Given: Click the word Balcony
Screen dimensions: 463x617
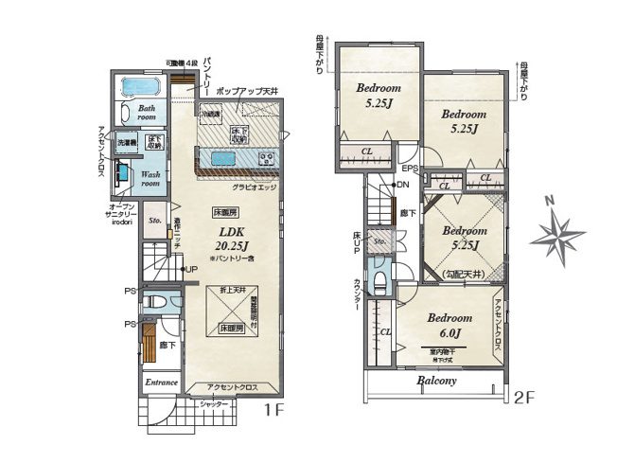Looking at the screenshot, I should click(436, 381).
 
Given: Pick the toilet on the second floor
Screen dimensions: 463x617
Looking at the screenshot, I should click(379, 281).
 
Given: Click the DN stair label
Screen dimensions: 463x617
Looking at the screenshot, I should click(402, 184).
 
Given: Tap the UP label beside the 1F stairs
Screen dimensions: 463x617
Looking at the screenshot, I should click(190, 270).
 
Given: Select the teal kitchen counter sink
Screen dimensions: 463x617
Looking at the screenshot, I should click(223, 159).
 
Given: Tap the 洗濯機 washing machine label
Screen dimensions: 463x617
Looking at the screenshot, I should click(127, 142).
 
